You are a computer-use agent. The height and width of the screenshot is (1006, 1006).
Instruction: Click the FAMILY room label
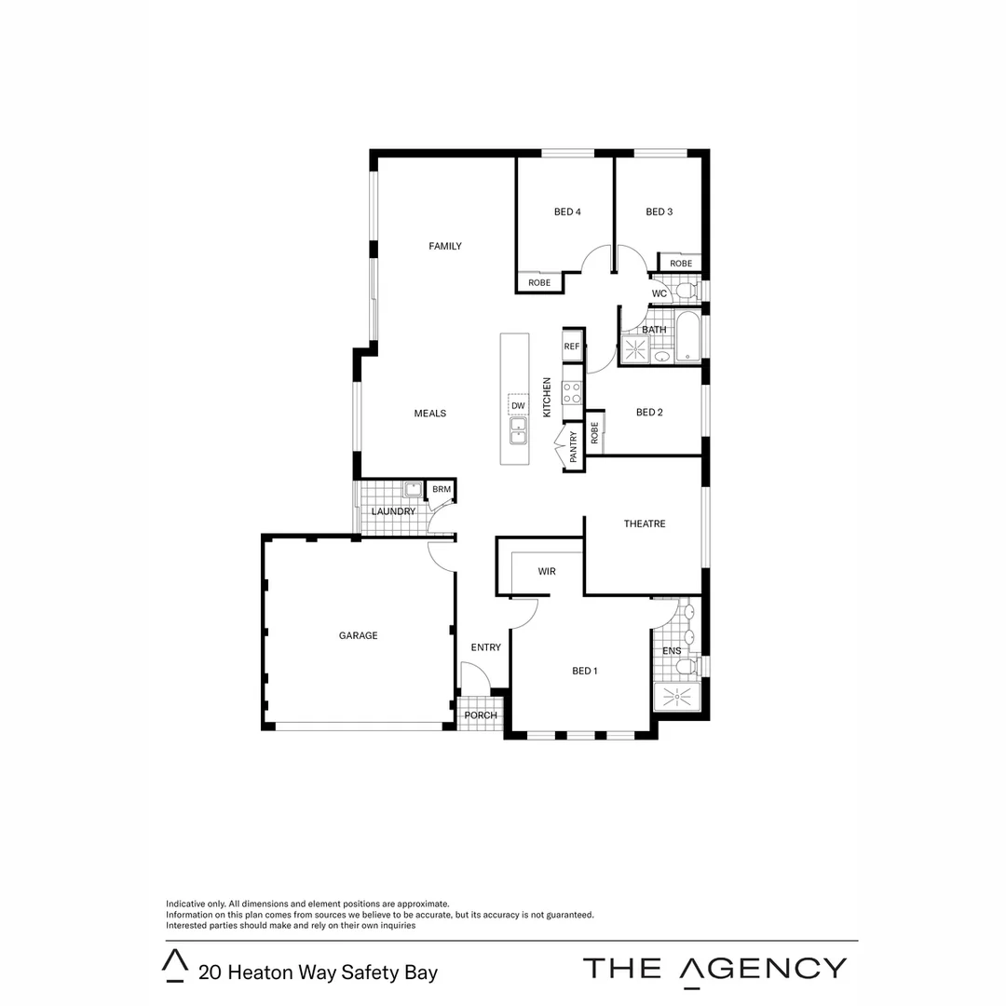point(444,246)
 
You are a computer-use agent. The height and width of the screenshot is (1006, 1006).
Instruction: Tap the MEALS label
point(429,413)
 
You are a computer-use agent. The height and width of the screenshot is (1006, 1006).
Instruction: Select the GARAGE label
point(358,635)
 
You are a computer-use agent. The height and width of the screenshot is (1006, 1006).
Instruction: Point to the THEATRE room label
point(644,523)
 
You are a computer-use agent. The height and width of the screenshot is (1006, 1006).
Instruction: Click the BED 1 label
point(584,671)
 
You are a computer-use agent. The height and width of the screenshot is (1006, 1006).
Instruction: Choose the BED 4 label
point(567,211)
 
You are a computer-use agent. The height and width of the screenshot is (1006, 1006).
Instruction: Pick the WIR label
point(546,571)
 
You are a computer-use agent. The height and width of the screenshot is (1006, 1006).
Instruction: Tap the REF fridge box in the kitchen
point(572,347)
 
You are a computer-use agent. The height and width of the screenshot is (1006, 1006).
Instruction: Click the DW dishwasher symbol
point(519,406)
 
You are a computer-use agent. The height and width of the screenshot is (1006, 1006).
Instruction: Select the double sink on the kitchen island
point(518,430)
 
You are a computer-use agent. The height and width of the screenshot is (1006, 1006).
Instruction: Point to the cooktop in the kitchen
point(572,392)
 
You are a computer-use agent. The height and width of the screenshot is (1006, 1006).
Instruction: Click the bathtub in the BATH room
point(687,337)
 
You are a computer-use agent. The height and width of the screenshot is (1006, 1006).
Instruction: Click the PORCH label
point(481,715)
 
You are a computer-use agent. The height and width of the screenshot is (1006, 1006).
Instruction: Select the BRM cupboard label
point(441,489)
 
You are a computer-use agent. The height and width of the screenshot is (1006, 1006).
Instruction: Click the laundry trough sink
point(413,490)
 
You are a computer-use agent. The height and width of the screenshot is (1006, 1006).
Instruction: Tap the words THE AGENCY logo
point(714,969)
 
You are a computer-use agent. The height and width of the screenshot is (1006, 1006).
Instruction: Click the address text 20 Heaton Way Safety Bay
point(318,972)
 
